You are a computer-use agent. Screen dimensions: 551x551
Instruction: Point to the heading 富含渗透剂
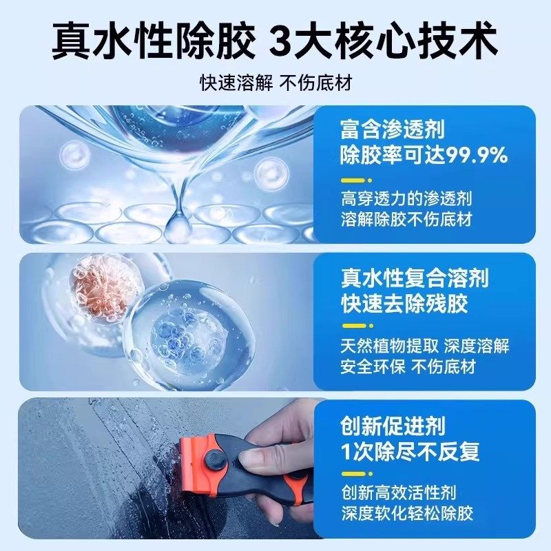click(x=392, y=129)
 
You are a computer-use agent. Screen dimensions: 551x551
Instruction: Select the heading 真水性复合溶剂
click(x=414, y=278)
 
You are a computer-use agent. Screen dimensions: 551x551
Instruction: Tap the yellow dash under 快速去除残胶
click(x=352, y=326)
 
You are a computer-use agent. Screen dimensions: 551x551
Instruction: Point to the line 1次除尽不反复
click(x=410, y=452)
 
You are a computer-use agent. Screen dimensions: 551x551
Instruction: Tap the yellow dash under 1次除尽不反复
click(x=352, y=474)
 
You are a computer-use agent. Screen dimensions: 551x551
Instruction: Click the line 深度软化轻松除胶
click(x=406, y=513)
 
